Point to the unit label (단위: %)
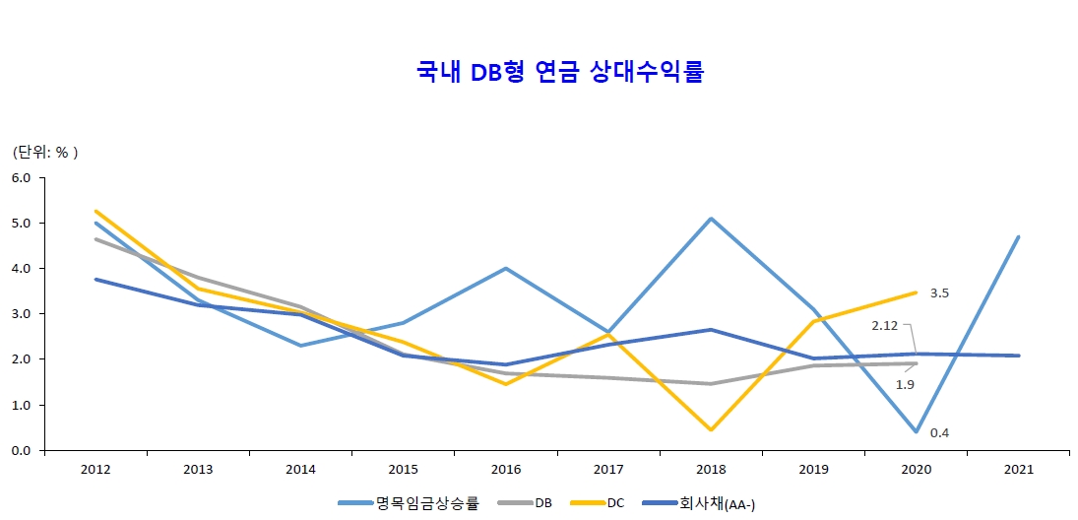(44, 153)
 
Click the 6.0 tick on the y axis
(22, 178)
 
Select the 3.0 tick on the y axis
(22, 314)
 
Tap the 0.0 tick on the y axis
(22, 451)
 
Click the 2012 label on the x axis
(95, 470)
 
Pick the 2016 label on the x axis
(506, 470)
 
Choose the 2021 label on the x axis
(1019, 470)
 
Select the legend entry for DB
(543, 503)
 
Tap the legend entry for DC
(614, 503)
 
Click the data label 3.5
(939, 292)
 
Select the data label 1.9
(905, 385)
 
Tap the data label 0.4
(939, 432)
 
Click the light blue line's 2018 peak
(711, 219)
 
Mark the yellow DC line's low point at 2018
(711, 430)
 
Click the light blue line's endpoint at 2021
(1019, 236)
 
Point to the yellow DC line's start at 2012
(95, 211)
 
